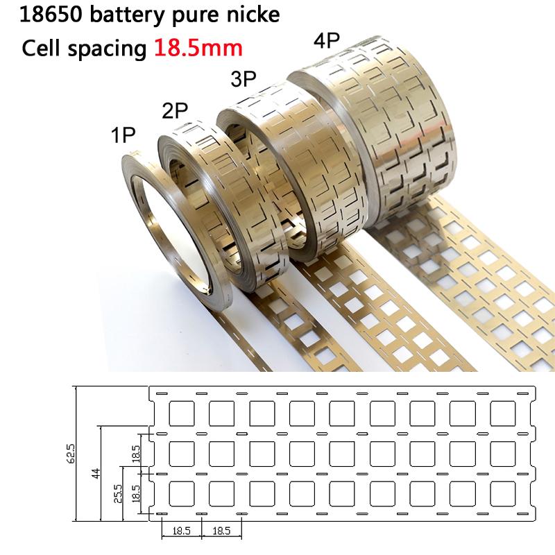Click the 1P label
click(x=123, y=135)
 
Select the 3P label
click(x=244, y=80)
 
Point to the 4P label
click(x=326, y=40)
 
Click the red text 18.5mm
click(x=198, y=49)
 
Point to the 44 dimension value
click(x=96, y=473)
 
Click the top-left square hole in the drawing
click(x=181, y=413)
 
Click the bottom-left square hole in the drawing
click(x=181, y=493)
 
